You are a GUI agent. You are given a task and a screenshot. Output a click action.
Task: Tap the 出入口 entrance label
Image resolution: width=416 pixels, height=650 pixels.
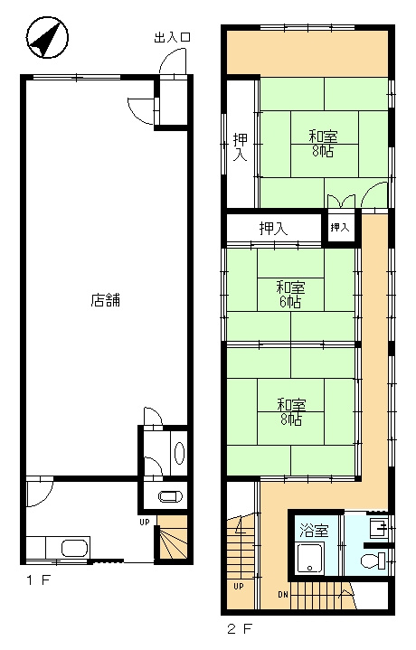[x=173, y=37]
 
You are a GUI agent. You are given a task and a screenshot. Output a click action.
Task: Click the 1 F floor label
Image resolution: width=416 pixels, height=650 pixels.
[x=39, y=579]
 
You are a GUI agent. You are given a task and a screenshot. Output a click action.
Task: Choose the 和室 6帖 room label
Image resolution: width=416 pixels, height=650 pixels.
[x=290, y=295]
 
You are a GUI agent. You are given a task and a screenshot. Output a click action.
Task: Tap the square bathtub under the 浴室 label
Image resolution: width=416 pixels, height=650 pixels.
[x=312, y=560]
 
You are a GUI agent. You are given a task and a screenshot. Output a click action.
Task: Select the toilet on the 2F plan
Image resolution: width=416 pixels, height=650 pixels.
[x=373, y=562]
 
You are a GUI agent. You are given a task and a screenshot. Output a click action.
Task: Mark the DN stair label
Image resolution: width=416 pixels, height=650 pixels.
[x=282, y=594]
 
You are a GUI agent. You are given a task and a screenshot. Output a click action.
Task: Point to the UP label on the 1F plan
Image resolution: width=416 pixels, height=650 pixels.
[x=144, y=522]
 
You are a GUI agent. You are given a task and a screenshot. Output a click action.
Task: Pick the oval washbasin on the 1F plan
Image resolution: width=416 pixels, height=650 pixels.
[x=178, y=452]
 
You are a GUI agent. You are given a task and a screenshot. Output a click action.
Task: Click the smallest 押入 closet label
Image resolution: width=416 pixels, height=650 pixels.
[x=339, y=227]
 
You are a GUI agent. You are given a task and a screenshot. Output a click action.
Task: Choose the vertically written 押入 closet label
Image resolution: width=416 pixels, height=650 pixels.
[x=240, y=147]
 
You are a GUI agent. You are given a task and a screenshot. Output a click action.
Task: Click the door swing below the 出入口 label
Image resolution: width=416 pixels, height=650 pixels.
[x=168, y=71]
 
